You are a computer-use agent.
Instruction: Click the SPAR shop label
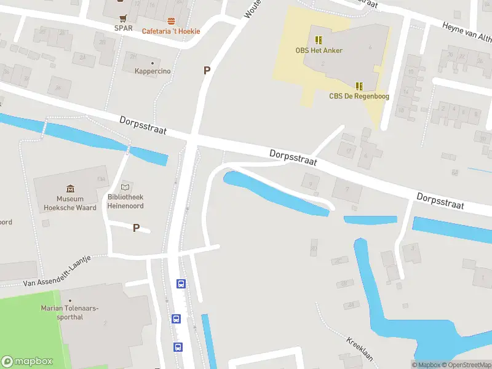[124, 28]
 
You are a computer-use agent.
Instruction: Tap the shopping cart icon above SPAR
[124, 18]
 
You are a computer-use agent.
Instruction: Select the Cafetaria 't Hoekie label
[171, 31]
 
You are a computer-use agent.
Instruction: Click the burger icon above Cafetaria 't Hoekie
[171, 22]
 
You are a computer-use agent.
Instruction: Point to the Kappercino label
[153, 71]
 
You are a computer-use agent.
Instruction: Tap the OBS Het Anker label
[318, 50]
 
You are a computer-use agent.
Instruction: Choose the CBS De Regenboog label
[359, 96]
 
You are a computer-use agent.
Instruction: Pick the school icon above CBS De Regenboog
[359, 86]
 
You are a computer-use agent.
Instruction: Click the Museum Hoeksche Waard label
[70, 203]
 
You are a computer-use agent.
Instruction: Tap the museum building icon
[70, 189]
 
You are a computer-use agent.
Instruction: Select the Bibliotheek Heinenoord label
[125, 202]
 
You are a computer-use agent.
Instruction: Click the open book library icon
[125, 187]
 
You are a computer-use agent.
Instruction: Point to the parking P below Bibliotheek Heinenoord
[137, 228]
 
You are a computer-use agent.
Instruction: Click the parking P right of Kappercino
[207, 71]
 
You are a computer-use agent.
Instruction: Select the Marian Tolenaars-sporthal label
[70, 312]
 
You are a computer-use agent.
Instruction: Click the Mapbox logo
[27, 362]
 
